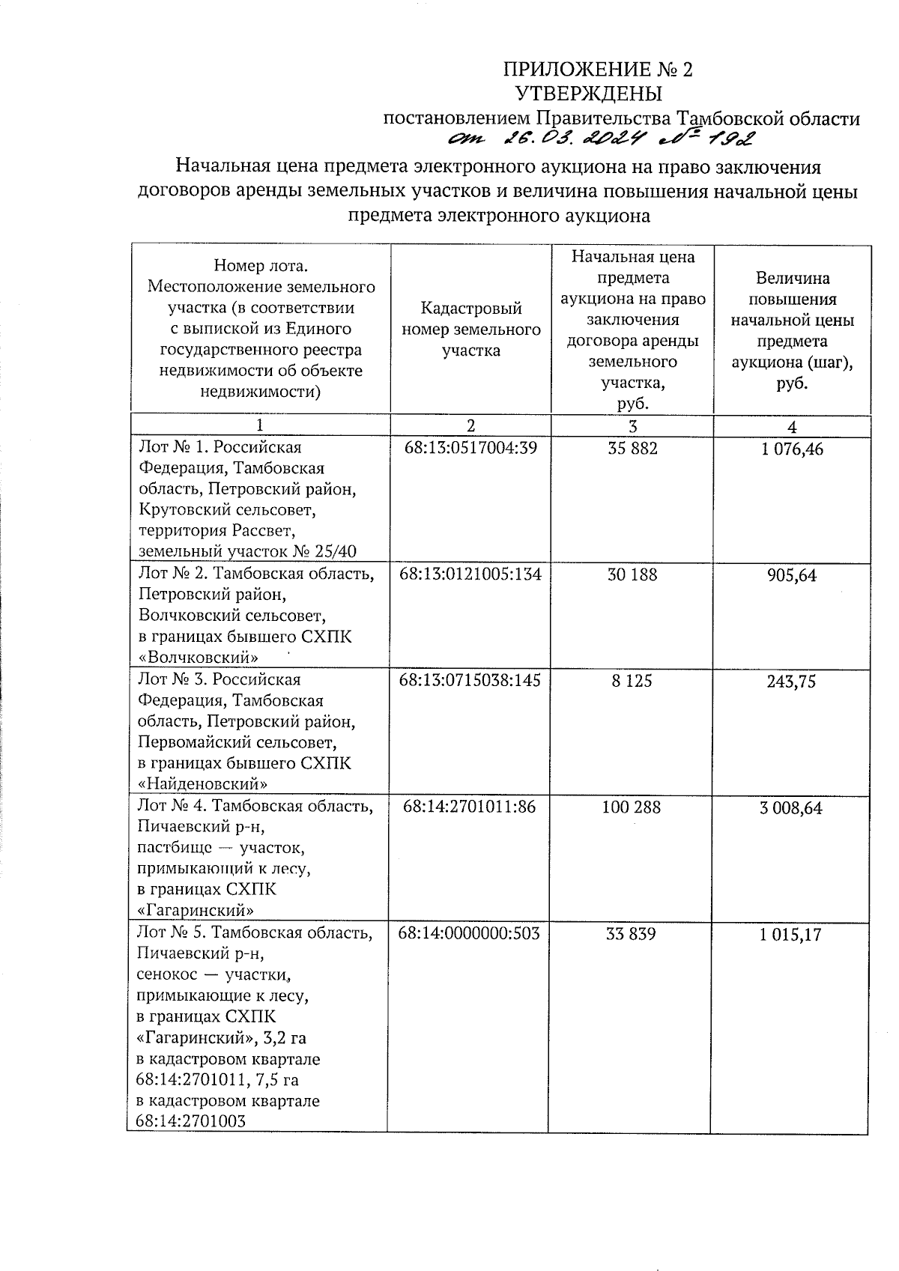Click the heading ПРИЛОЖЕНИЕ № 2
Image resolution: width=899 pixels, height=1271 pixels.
tap(597, 70)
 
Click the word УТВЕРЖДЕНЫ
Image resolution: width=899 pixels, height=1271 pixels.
tap(590, 94)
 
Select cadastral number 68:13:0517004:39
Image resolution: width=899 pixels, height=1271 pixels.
tap(470, 448)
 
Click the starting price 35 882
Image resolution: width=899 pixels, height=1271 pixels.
tap(632, 448)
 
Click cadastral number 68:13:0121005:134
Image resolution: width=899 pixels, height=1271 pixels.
tap(470, 574)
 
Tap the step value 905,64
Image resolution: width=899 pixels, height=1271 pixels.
tap(792, 576)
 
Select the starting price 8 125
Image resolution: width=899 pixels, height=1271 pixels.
tap(632, 680)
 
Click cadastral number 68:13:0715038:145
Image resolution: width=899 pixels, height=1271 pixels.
tap(470, 680)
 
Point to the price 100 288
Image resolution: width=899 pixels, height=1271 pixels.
tap(631, 807)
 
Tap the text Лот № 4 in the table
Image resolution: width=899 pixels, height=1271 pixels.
tap(171, 807)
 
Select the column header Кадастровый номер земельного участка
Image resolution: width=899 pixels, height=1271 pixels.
tap(470, 330)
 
